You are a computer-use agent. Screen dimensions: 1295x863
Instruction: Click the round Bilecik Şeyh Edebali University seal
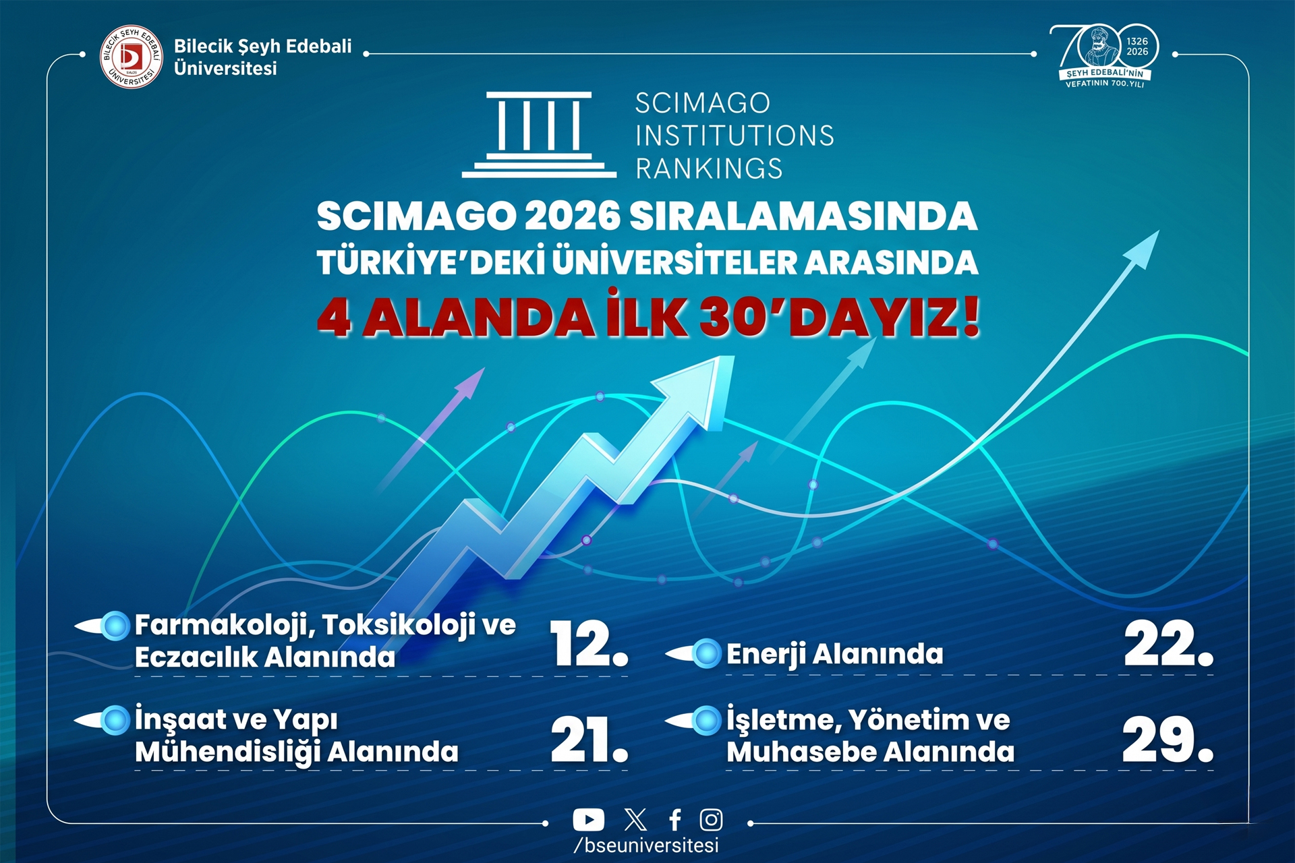coord(132,57)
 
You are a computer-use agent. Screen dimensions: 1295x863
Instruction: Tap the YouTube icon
coord(588,820)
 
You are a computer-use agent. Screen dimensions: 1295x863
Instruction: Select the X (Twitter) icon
coord(635,820)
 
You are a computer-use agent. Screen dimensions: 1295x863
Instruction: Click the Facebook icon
coord(674,820)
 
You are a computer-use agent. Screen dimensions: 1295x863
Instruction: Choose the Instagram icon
coord(711,820)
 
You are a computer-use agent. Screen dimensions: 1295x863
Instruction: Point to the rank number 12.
coord(589,644)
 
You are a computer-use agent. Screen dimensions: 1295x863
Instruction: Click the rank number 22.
coord(1168,644)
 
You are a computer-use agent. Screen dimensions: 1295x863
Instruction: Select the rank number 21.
coord(589,740)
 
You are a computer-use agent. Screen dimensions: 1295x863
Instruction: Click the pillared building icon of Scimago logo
coord(539,135)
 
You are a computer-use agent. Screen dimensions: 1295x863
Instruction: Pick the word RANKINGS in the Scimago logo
coord(709,169)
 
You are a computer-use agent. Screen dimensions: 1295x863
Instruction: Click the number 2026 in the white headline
coord(572,216)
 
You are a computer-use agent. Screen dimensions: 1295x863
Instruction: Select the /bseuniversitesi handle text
coord(646,845)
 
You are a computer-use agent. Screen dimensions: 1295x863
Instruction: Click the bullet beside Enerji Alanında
coord(706,653)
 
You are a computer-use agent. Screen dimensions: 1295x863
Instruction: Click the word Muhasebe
coord(801,752)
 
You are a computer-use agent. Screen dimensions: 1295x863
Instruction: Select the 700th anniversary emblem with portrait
coord(1104,56)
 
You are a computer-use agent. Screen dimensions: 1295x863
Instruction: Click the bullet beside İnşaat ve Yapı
coord(115,720)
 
